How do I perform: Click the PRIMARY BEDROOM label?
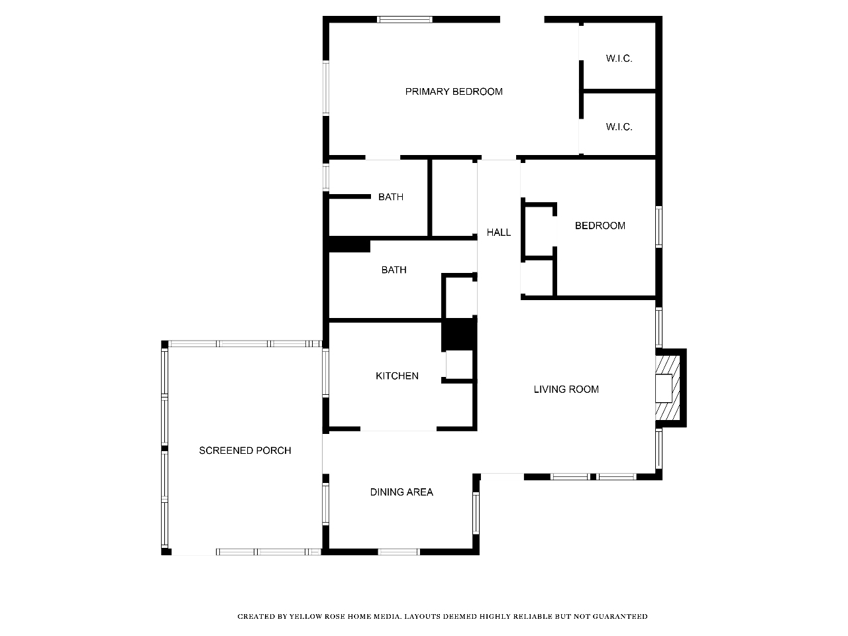point(454,91)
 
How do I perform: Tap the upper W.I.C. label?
point(619,58)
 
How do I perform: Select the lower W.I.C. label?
point(619,127)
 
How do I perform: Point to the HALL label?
point(498,232)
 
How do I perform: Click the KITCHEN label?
point(397,376)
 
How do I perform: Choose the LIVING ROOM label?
point(566,390)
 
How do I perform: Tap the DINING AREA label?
point(401,492)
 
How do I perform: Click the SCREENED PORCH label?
point(245,450)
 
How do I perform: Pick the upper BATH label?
point(391,197)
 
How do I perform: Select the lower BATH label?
point(394,270)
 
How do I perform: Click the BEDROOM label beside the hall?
point(600,225)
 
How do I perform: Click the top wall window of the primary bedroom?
point(405,19)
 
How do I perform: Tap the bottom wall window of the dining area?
point(399,552)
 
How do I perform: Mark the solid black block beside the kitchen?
point(459,335)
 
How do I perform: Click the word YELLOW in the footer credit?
point(305,617)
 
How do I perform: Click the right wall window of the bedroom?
point(659,227)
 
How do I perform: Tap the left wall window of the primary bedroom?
point(326,87)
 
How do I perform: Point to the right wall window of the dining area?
point(476,513)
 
